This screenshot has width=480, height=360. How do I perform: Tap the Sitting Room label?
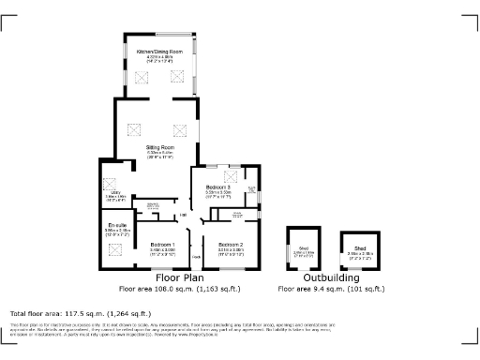point(159,147)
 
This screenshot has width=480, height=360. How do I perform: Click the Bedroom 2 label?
point(231,245)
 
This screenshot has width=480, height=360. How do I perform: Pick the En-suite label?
point(117,226)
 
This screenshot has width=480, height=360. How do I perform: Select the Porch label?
point(197,256)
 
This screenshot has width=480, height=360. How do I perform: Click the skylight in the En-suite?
point(116,248)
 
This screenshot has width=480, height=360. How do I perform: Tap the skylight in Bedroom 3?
point(229,176)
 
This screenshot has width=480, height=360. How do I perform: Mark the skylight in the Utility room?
point(109,182)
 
